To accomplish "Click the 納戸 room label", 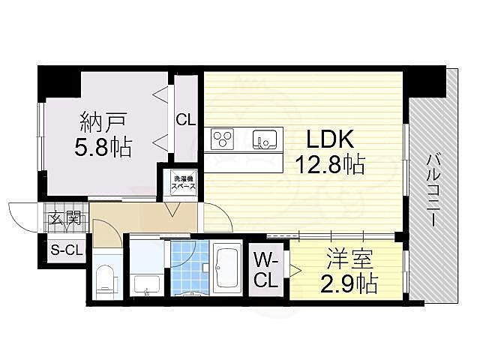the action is (x=103, y=121).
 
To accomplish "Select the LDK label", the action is (x=330, y=139).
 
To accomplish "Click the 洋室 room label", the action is (x=349, y=259).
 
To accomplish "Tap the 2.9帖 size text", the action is (x=349, y=283).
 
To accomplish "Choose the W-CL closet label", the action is (x=266, y=270).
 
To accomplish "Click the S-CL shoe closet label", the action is (x=67, y=250).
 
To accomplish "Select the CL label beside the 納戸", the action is (x=185, y=120).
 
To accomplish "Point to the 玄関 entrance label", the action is (x=65, y=218).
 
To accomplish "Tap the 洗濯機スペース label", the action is (x=183, y=182).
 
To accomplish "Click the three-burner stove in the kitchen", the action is (x=223, y=139).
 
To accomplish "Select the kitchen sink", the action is (x=265, y=139).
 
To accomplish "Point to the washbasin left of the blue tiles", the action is (x=147, y=285).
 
